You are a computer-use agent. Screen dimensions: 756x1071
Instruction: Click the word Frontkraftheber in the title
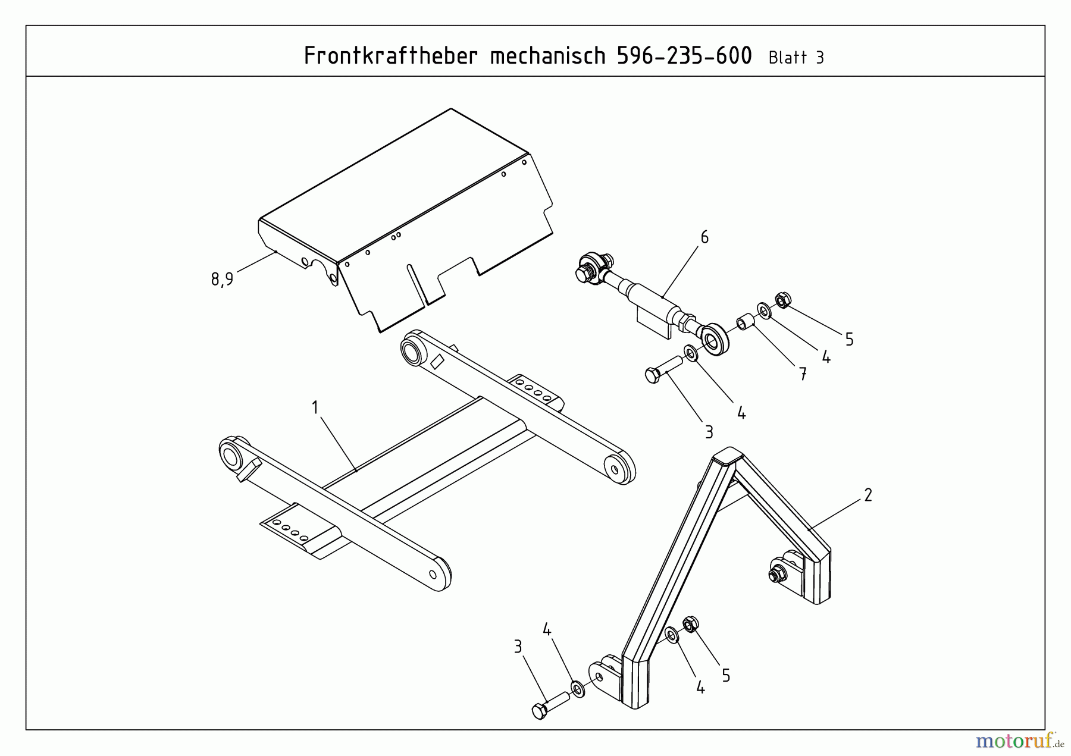pyautogui.click(x=390, y=56)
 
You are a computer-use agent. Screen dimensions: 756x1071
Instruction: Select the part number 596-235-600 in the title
pyautogui.click(x=684, y=56)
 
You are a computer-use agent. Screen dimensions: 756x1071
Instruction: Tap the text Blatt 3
pyautogui.click(x=796, y=58)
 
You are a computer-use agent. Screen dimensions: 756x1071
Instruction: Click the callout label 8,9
pyautogui.click(x=223, y=278)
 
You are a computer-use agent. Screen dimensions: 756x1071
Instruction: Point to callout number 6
pyautogui.click(x=704, y=237)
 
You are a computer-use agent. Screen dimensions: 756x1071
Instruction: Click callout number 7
pyautogui.click(x=803, y=374)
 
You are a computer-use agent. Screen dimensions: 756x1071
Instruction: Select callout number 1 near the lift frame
pyautogui.click(x=315, y=407)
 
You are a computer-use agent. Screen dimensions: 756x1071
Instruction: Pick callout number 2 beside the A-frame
pyautogui.click(x=868, y=495)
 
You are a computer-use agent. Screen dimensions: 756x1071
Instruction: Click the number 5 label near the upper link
pyautogui.click(x=849, y=340)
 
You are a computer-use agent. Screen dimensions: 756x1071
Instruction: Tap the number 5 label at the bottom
pyautogui.click(x=726, y=676)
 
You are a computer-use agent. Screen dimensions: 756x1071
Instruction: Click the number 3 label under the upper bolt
pyautogui.click(x=709, y=432)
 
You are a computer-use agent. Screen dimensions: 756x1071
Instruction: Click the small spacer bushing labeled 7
pyautogui.click(x=746, y=322)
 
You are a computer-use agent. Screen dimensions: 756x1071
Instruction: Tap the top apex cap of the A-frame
pyautogui.click(x=727, y=456)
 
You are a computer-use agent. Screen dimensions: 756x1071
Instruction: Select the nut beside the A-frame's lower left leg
pyautogui.click(x=691, y=625)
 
